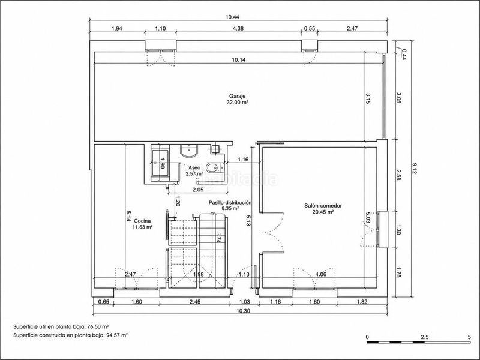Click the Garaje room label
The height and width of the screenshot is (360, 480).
pyautogui.click(x=237, y=96)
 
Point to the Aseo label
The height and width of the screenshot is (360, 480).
pyautogui.click(x=194, y=168)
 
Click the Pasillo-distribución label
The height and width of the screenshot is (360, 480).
pyautogui.click(x=230, y=203)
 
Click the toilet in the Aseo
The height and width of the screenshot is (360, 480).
pyautogui.click(x=213, y=168)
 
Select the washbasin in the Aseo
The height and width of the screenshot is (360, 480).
pyautogui.click(x=189, y=150)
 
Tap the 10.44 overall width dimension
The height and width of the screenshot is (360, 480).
pyautogui.click(x=232, y=17)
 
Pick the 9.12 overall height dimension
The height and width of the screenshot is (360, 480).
pyautogui.click(x=415, y=169)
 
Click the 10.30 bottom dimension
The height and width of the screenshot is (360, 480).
pyautogui.click(x=239, y=311)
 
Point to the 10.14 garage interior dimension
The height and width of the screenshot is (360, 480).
pyautogui.click(x=238, y=59)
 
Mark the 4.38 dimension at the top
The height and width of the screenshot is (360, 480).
pyautogui.click(x=238, y=28)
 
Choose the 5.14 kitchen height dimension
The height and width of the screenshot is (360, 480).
pyautogui.click(x=128, y=215)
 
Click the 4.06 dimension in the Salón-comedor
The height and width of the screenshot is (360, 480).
pyautogui.click(x=321, y=274)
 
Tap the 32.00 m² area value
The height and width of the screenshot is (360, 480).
pyautogui.click(x=237, y=103)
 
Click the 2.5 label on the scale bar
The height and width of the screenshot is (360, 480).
pyautogui.click(x=424, y=337)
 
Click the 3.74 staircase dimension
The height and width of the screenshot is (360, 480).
pyautogui.click(x=218, y=237)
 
